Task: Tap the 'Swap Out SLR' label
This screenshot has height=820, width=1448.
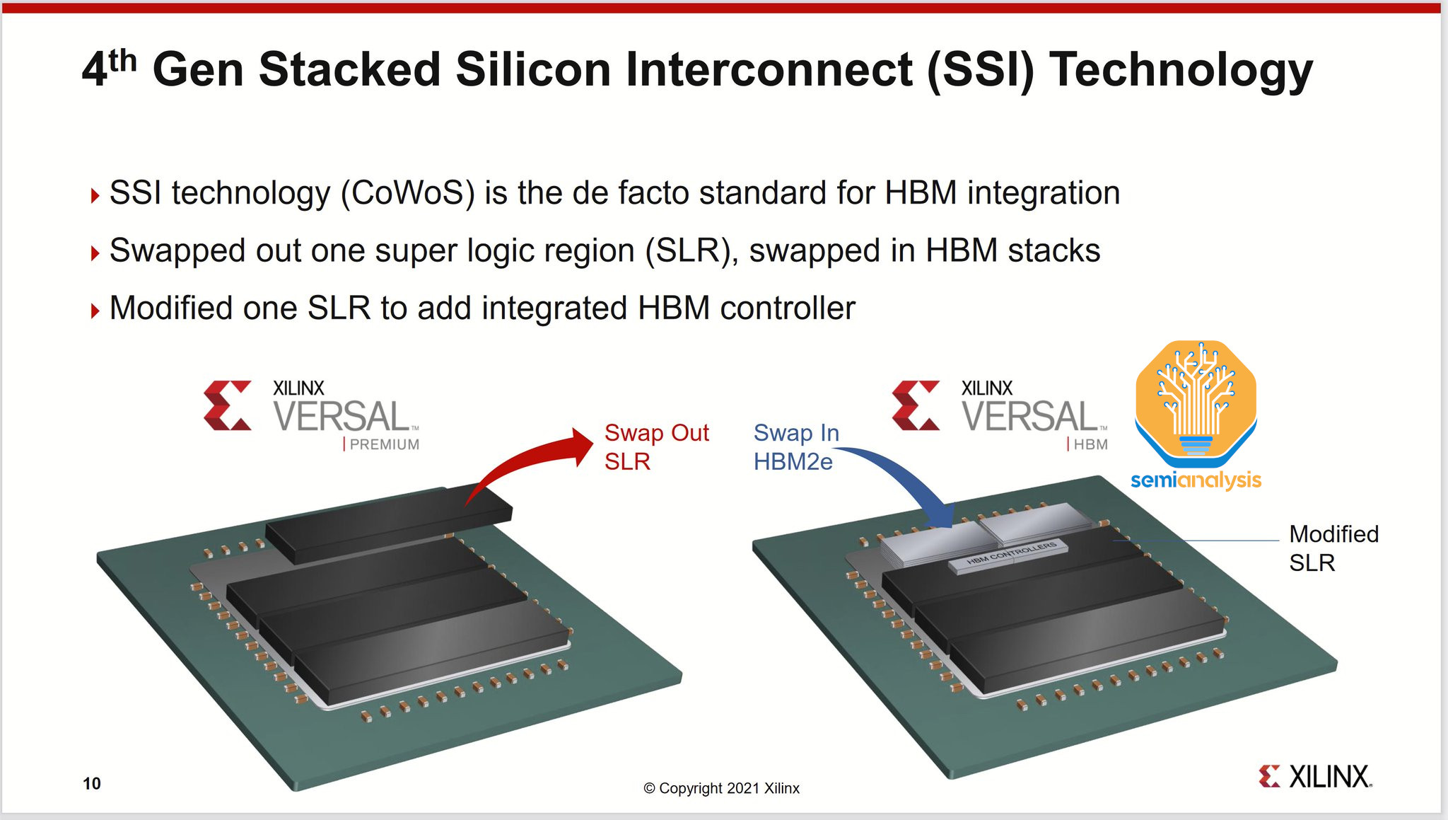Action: pos(656,447)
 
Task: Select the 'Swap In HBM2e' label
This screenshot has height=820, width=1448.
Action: pos(795,447)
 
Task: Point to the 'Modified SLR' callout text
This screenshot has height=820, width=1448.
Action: pos(1333,548)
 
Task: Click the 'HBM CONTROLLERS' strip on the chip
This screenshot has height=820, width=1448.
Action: pos(1011,554)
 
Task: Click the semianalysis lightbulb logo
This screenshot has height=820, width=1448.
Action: pos(1196,403)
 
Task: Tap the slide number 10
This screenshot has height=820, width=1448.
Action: pos(92,783)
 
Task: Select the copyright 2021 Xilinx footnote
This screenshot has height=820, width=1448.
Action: pos(721,788)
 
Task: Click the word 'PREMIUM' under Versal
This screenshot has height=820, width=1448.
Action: pos(385,444)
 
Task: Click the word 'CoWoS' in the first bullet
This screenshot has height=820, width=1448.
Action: pos(408,193)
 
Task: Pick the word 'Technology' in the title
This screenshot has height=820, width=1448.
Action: pos(1181,70)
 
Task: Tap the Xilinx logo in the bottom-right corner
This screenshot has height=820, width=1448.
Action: pos(1315,777)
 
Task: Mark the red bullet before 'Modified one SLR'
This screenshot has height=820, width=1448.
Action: pos(95,310)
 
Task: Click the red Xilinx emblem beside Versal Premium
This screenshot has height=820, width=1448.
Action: pos(228,405)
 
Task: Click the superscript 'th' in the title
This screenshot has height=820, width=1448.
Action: pos(123,60)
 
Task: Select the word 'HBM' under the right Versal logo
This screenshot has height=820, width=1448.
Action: pos(1090,444)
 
